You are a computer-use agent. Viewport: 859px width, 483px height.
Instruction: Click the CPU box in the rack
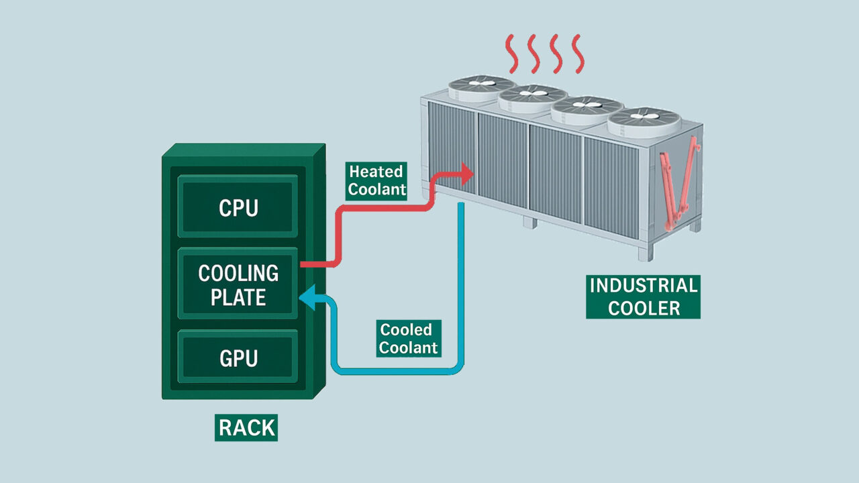pyautogui.click(x=238, y=207)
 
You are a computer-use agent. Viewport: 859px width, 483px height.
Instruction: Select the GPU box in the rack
pyautogui.click(x=238, y=358)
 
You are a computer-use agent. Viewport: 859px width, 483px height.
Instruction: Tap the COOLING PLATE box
pyautogui.click(x=238, y=284)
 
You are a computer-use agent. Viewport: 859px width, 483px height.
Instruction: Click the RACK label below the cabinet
pyautogui.click(x=246, y=428)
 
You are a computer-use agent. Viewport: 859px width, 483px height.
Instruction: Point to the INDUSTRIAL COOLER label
pyautogui.click(x=643, y=297)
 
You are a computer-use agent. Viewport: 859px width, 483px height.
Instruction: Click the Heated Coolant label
pyautogui.click(x=377, y=180)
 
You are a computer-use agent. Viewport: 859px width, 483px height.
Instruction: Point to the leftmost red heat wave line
pyautogui.click(x=513, y=53)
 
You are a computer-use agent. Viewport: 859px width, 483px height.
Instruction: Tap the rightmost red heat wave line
pyautogui.click(x=576, y=53)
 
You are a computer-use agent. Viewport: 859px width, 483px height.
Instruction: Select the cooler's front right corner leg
pyautogui.click(x=645, y=254)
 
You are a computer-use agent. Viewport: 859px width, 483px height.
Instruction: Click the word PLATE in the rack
pyautogui.click(x=238, y=297)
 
